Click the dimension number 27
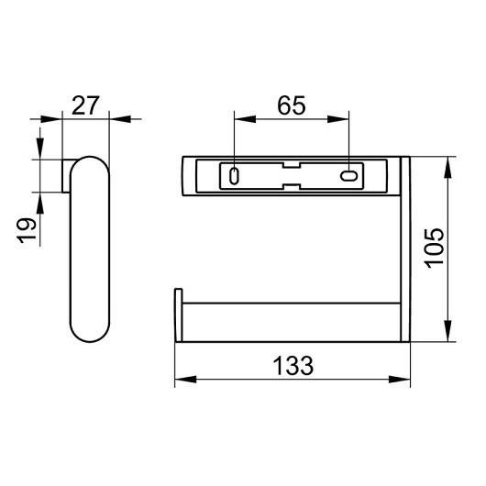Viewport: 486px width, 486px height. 85,105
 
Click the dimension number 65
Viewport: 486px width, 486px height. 292,105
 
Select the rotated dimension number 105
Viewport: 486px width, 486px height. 435,249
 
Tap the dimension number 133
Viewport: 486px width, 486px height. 293,366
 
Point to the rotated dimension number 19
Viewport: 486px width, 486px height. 27,231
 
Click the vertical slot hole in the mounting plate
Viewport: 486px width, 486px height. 234,176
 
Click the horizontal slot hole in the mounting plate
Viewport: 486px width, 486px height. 349,176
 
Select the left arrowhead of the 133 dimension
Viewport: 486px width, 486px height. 185,379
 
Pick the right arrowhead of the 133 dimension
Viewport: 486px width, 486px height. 400,379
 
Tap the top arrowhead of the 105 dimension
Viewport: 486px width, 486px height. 447,168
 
